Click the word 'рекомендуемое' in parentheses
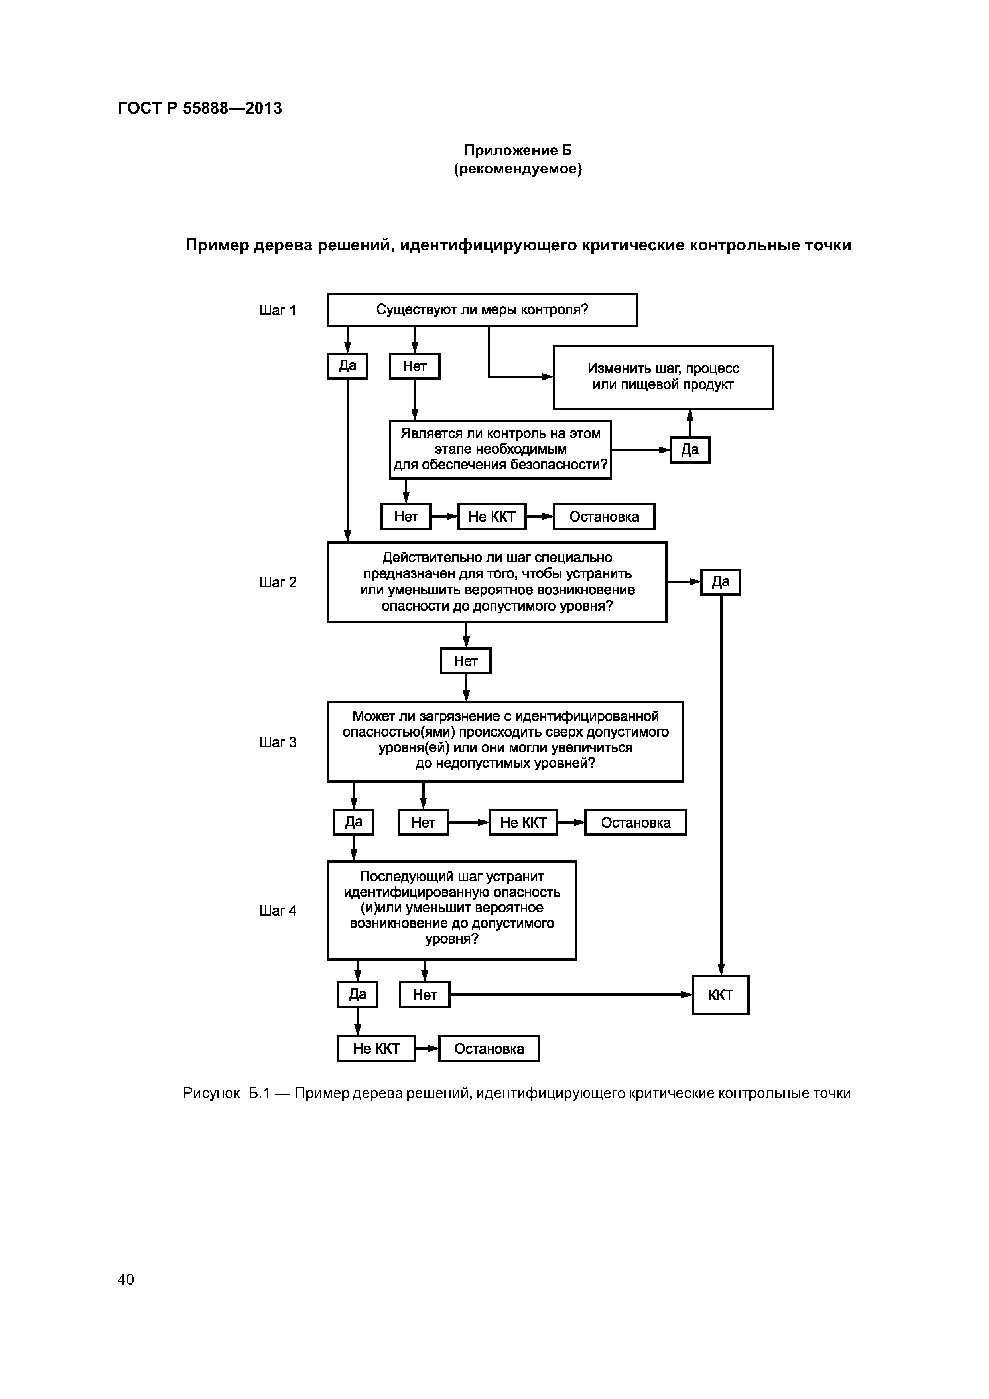[517, 169]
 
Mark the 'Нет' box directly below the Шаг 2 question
[465, 661]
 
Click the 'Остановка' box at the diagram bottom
[489, 1048]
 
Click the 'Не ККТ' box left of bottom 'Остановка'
[376, 1048]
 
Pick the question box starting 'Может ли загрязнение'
[505, 741]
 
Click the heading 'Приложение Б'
[517, 150]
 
